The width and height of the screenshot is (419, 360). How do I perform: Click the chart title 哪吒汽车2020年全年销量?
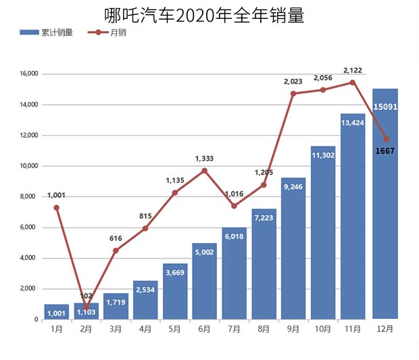click(204, 14)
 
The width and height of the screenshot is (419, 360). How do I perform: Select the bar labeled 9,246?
click(293, 250)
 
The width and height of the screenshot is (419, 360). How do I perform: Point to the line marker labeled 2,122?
click(353, 82)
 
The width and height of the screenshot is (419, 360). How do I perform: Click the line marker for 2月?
click(87, 307)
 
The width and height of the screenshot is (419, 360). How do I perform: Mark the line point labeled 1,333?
click(205, 170)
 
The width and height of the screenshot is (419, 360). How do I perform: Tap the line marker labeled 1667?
click(386, 139)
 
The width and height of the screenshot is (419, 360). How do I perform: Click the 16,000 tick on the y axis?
click(28, 74)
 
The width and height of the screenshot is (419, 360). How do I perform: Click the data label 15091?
click(385, 106)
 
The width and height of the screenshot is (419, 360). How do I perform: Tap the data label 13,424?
click(353, 123)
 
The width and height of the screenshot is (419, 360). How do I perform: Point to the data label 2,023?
click(293, 81)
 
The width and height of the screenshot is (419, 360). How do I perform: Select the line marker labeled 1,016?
click(235, 206)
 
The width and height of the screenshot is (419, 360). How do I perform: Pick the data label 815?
click(145, 215)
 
